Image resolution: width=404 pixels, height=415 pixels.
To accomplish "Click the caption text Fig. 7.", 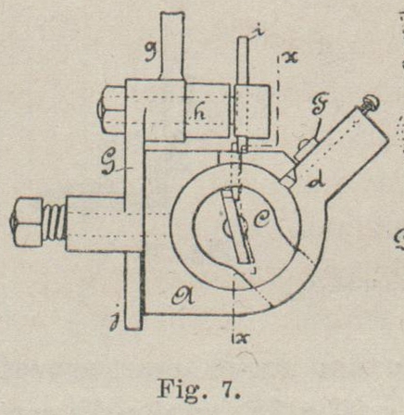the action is (x=198, y=390).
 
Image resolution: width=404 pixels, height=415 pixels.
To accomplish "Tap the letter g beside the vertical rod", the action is (x=152, y=52).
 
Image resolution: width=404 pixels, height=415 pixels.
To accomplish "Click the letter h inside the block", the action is (x=202, y=115).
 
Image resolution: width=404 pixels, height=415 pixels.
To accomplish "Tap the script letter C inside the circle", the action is (x=261, y=220).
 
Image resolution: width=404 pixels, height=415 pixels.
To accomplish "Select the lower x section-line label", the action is (x=243, y=339).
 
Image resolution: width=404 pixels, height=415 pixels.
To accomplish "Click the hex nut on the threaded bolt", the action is (x=27, y=222).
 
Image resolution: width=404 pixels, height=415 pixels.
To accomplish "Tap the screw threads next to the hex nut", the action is (x=56, y=222).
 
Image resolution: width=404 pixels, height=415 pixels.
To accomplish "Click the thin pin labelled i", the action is (x=242, y=61).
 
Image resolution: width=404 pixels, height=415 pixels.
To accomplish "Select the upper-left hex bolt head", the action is (x=113, y=109).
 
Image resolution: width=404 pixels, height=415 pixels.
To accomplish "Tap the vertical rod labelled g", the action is (x=171, y=45).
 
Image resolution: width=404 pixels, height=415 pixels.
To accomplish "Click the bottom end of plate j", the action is (x=133, y=329).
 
